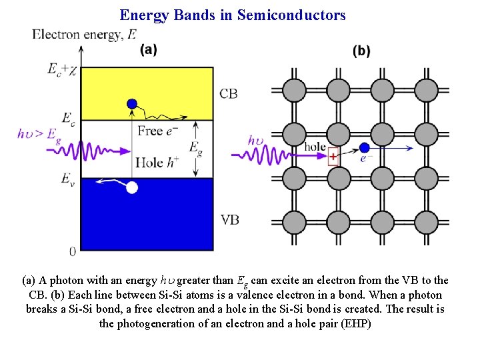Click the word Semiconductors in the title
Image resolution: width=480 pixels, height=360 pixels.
point(291,15)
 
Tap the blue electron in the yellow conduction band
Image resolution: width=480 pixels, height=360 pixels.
point(132,103)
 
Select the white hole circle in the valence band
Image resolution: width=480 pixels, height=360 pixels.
point(132,188)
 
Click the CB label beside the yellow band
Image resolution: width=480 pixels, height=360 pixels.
point(228,94)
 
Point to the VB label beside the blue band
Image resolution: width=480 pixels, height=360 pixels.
point(229,219)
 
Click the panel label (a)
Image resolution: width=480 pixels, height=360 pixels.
point(148,50)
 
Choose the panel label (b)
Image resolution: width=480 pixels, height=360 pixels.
point(361,51)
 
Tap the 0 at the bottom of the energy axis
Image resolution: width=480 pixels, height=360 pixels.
point(73,251)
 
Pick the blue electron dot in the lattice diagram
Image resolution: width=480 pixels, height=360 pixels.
point(364,147)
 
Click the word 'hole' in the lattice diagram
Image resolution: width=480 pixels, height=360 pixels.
point(315,146)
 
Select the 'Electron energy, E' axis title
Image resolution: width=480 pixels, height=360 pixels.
point(85,35)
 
